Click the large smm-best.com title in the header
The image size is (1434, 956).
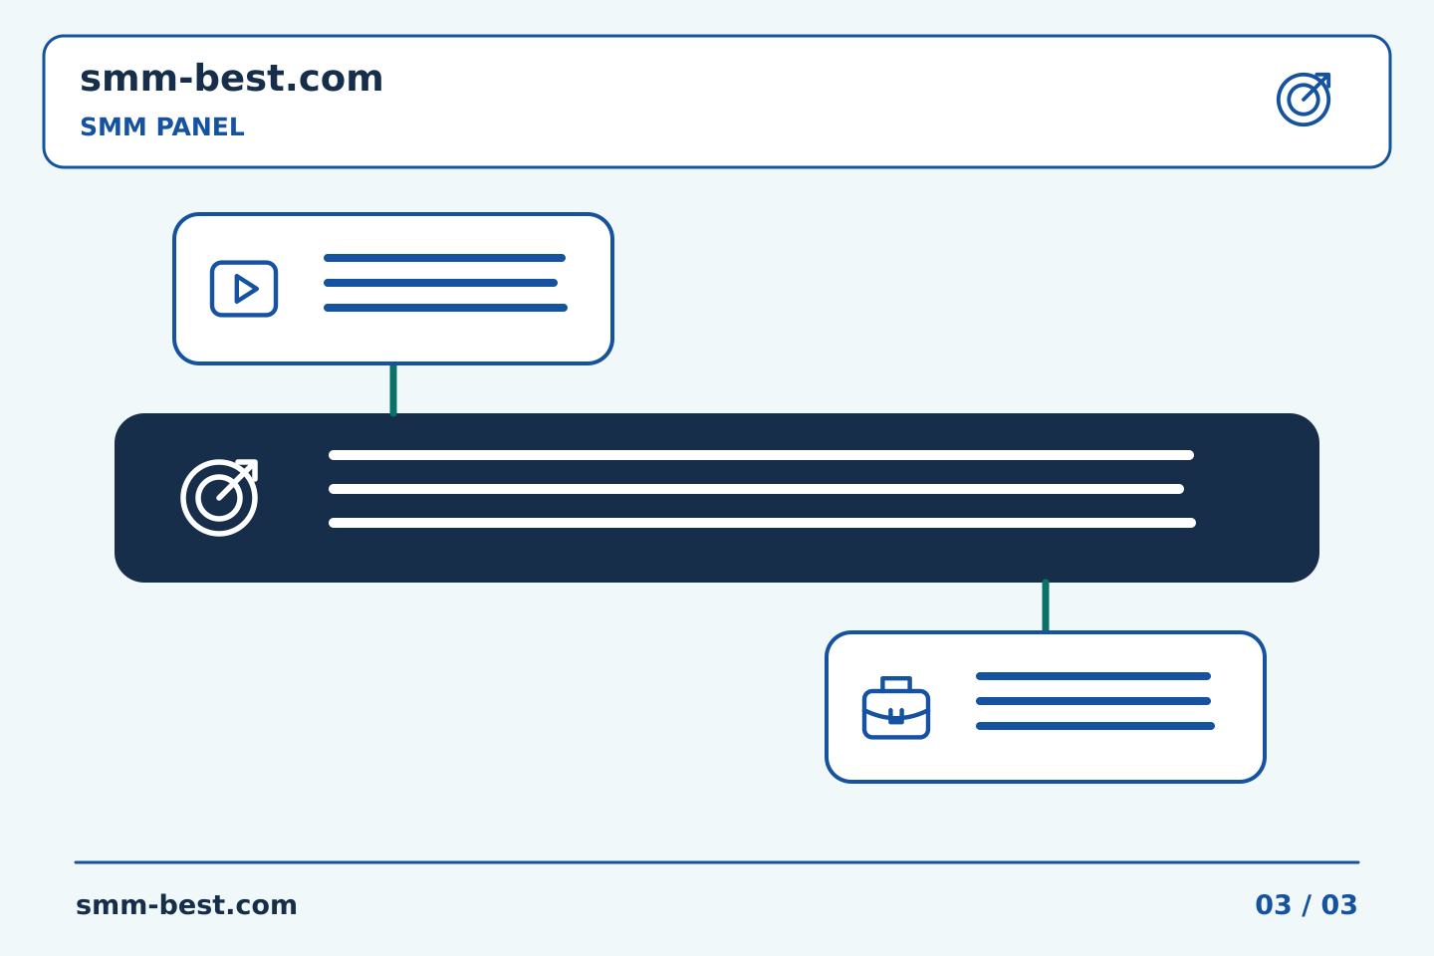coord(231,79)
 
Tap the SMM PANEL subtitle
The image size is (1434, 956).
coord(162,126)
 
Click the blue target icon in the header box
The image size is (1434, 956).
coord(1304,100)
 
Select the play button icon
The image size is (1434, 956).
coord(244,289)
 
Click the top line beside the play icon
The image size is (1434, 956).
coord(444,258)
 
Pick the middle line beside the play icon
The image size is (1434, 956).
coord(440,283)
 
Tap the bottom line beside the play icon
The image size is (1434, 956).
coord(445,308)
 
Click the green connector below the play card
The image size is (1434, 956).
coord(393,389)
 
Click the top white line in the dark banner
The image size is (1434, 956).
coord(761,455)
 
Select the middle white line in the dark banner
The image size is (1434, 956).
coord(756,489)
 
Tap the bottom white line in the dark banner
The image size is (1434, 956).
coord(762,523)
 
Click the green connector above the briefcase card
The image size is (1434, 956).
coord(1046,605)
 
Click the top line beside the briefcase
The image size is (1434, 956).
coord(1092,676)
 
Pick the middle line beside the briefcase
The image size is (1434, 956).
coord(1092,701)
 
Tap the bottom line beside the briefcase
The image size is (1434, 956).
coord(1094,726)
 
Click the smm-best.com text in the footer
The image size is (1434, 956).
coord(186,905)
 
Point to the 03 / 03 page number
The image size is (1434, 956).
coord(1306,905)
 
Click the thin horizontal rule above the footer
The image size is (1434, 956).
coord(717,862)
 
